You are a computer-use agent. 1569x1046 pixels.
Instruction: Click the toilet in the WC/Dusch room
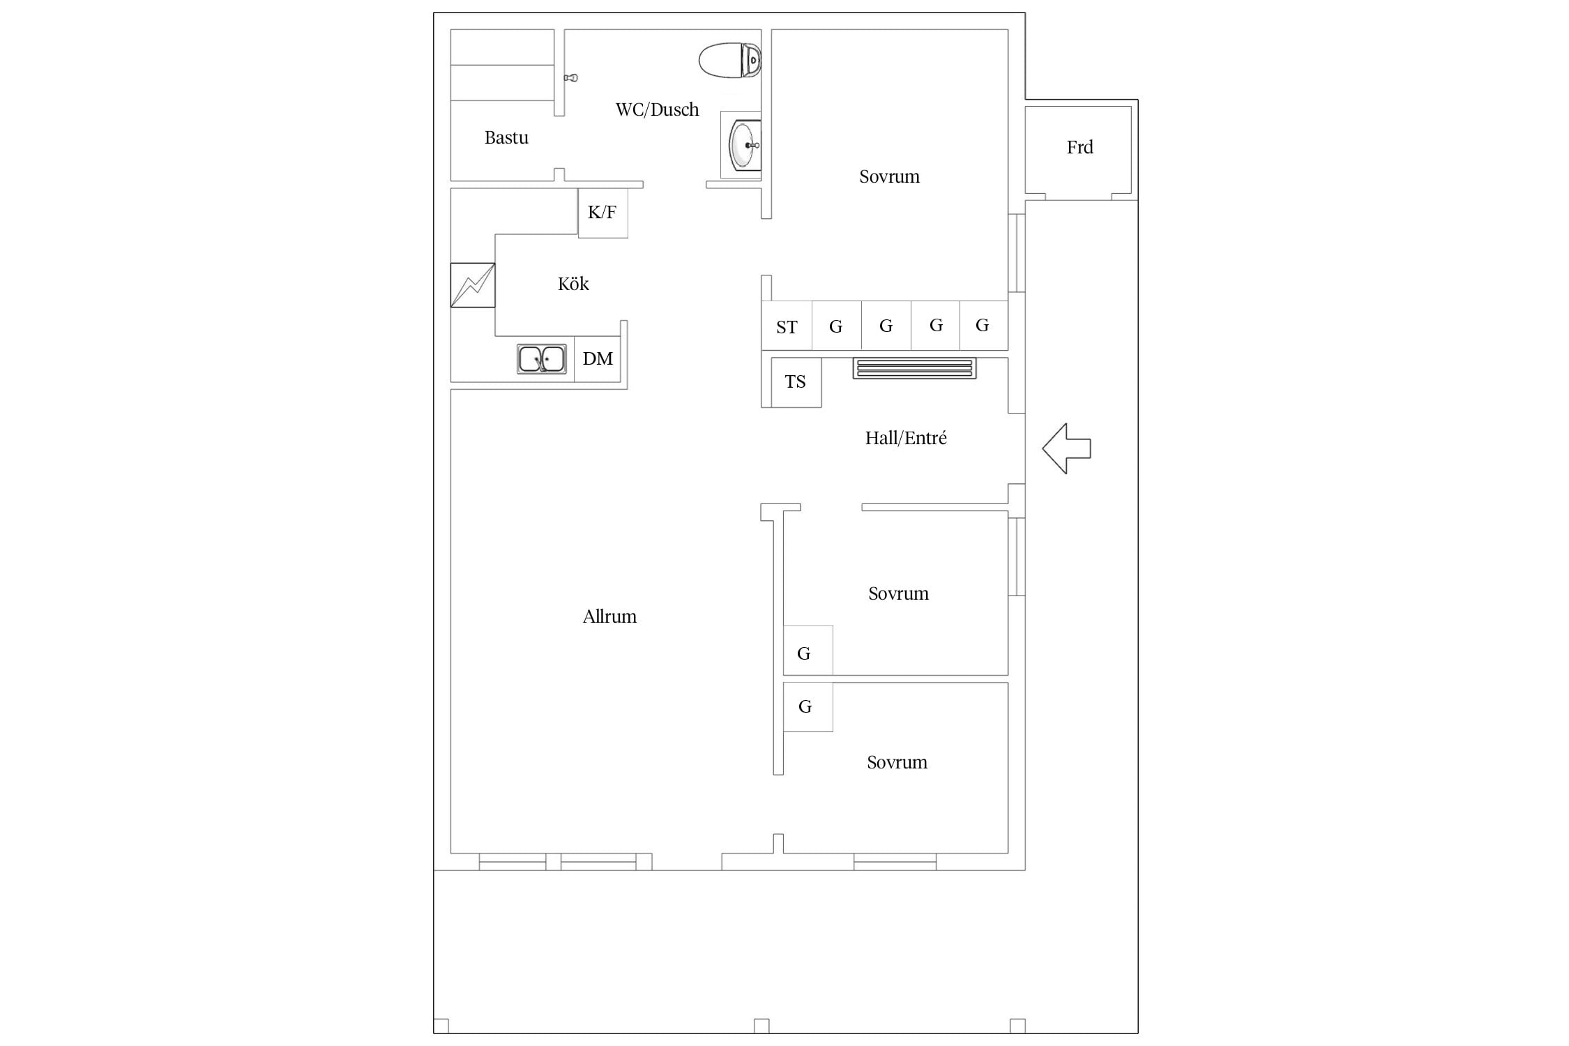pos(729,61)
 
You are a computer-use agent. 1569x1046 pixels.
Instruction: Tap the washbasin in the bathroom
pos(744,145)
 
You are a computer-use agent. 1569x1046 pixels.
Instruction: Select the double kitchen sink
pos(541,359)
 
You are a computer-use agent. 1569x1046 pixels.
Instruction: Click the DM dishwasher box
pos(598,359)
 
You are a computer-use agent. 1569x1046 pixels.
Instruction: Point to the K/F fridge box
pos(602,213)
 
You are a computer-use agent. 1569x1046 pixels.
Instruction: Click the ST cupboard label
pos(787,327)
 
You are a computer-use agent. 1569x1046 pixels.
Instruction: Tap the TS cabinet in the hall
pos(796,382)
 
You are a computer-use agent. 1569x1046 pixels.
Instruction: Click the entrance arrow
pos(1066,448)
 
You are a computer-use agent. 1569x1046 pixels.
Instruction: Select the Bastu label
pos(506,137)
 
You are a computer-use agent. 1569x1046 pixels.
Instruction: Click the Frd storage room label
pos(1079,147)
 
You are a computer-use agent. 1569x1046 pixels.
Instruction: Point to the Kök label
pos(573,284)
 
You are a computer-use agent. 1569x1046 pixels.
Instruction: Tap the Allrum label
pos(609,616)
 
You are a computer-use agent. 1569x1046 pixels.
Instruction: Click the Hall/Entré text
pos(906,438)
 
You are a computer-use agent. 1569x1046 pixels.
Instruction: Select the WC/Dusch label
pos(657,109)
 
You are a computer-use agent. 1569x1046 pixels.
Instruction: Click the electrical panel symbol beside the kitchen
pos(473,285)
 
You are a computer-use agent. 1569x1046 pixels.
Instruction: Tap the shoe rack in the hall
pos(914,368)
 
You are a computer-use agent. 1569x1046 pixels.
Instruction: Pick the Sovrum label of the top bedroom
pos(889,176)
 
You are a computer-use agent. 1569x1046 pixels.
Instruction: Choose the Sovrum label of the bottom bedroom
pos(897,762)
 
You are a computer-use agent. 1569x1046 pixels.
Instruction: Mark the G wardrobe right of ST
pos(836,326)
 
